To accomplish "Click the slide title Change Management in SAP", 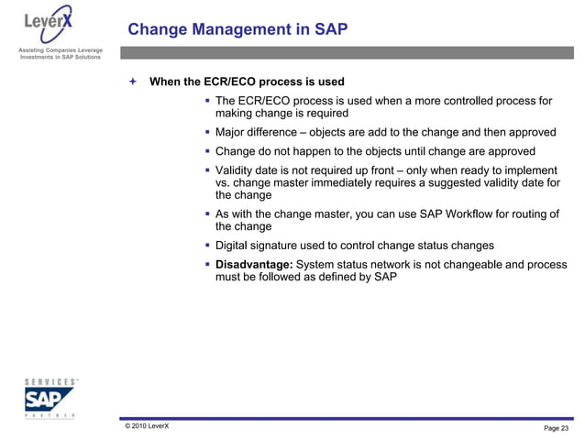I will pos(237,30).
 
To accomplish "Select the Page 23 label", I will pos(556,428).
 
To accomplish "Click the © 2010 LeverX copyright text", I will pos(147,426).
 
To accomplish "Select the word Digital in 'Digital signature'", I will pos(234,246).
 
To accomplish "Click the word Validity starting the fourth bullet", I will pos(237,170).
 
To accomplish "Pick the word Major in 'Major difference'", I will pos(233,132).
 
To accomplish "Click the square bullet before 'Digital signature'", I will pos(207,246).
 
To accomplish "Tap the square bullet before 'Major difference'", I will pos(207,132).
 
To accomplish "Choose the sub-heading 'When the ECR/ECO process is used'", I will pos(247,82).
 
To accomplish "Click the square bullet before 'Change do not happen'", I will pos(207,151).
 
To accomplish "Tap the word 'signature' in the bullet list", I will pos(286,246).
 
